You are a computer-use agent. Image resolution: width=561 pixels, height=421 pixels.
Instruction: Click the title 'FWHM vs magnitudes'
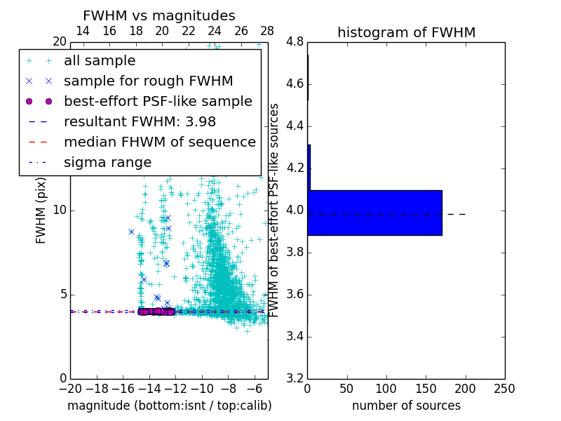159,15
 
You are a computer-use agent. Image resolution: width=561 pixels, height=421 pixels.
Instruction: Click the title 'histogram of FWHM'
406,32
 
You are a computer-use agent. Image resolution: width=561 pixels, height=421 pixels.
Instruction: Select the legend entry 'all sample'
100,61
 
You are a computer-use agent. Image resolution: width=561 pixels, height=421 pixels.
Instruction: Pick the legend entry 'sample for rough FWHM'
148,81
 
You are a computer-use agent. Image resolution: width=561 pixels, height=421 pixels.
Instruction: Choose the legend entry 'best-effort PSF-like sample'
158,102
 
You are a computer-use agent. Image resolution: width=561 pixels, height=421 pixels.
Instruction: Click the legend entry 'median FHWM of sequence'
159,142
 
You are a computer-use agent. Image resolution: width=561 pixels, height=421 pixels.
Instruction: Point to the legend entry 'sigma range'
107,163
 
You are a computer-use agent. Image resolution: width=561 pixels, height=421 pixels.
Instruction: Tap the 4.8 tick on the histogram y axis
295,41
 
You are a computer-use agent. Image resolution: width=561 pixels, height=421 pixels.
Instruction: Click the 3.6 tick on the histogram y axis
295,294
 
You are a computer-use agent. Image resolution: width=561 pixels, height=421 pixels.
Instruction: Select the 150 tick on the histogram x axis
426,389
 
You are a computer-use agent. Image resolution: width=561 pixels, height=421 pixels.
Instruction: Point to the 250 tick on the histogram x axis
504,389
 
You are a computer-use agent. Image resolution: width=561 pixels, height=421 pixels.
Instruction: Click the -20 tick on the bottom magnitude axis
70,389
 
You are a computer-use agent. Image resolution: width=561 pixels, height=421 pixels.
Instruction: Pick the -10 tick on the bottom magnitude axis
202,389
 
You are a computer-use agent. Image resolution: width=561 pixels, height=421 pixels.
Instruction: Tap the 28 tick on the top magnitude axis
267,31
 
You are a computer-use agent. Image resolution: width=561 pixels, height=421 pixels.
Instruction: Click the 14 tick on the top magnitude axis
82,31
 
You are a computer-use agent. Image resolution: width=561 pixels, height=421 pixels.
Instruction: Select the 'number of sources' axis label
406,406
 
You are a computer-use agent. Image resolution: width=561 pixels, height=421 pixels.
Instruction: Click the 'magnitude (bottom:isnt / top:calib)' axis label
169,406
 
